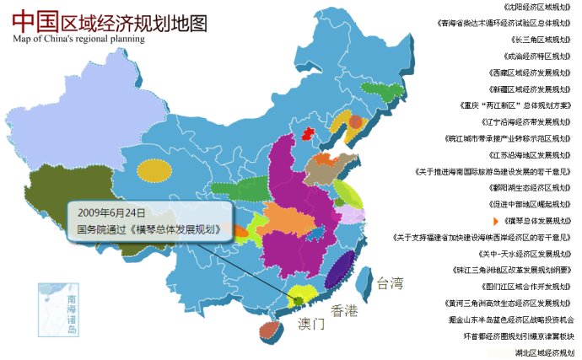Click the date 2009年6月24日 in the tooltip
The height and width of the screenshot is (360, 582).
pos(111,212)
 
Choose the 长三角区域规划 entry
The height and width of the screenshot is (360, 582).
pos(542,39)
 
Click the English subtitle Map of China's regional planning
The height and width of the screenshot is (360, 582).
pos(78,39)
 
